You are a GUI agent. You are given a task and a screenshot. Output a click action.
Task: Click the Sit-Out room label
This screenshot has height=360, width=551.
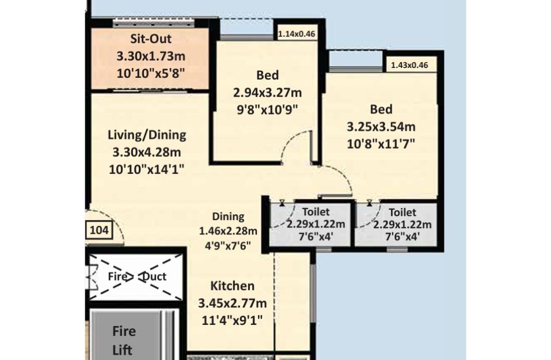[151, 39]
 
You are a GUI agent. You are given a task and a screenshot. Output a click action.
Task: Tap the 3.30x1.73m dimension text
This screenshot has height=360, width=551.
[151, 56]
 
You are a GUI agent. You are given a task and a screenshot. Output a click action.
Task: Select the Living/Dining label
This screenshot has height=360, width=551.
[147, 135]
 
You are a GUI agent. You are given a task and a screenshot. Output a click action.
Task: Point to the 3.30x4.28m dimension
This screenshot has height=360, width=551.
[147, 152]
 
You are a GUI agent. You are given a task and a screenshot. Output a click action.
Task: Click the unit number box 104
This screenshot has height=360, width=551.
[99, 230]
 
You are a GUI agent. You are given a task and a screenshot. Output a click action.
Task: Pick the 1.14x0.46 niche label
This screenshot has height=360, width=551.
[297, 35]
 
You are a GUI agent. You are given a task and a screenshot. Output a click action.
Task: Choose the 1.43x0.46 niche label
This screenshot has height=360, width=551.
[409, 65]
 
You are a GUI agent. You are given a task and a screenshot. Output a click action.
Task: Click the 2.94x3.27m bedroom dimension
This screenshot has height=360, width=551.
[267, 93]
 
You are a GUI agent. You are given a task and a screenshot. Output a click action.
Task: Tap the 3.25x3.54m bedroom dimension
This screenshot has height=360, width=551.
[381, 127]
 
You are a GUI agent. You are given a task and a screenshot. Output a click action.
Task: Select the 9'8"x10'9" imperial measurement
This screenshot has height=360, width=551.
[267, 109]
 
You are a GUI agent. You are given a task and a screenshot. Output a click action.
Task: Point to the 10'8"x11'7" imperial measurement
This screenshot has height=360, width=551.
[381, 143]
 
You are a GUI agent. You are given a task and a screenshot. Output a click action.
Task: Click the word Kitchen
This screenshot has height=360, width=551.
[232, 286]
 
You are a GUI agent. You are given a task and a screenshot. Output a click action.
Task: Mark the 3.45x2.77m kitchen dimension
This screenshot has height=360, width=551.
[232, 303]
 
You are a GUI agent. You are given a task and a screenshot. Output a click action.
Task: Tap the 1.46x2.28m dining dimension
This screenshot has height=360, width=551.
[228, 231]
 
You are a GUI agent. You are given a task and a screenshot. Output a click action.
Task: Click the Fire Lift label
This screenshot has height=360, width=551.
[124, 340]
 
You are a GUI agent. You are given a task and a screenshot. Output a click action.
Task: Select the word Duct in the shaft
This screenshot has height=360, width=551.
[154, 276]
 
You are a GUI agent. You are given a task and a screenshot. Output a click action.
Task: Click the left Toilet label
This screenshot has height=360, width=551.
[316, 211]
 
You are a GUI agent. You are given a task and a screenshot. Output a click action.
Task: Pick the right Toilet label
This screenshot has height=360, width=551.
[402, 213]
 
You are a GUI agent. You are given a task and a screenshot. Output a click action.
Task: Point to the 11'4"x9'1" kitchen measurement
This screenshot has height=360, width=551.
[232, 320]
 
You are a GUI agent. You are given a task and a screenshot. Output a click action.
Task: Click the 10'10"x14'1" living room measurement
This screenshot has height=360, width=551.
[147, 169]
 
